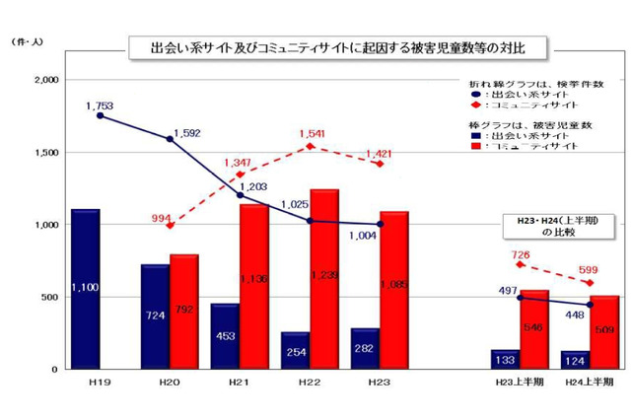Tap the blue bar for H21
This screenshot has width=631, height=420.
pyautogui.click(x=225, y=336)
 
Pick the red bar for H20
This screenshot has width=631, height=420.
pyautogui.click(x=184, y=312)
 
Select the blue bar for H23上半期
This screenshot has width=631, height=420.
pyautogui.click(x=506, y=359)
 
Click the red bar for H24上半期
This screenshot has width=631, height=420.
pyautogui.click(x=604, y=332)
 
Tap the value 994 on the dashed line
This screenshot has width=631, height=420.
pyautogui.click(x=162, y=218)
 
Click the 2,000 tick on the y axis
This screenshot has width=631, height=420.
pyautogui.click(x=46, y=80)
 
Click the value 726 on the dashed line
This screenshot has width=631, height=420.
pyautogui.click(x=522, y=254)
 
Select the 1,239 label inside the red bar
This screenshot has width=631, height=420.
pyautogui.click(x=324, y=276)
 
